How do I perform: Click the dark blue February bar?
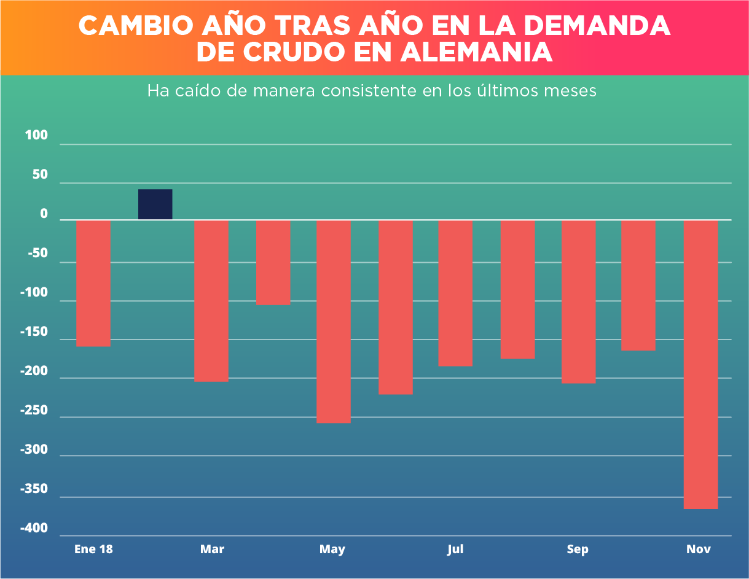tap(155, 204)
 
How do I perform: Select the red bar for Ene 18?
tap(93, 283)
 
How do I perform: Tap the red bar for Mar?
tap(211, 301)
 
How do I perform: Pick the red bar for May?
tap(334, 322)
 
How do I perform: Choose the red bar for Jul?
tap(455, 293)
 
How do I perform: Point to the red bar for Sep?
tap(578, 301)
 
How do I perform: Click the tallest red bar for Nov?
tap(700, 364)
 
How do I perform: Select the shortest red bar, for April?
tap(273, 262)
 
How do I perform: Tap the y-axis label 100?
tap(36, 136)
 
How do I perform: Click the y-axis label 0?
tap(44, 214)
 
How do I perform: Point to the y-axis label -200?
tap(34, 371)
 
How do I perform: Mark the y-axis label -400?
tap(34, 529)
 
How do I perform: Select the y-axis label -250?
tap(34, 410)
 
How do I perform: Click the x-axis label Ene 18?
tap(93, 549)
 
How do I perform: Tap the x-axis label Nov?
tap(699, 549)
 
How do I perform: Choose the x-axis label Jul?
tap(455, 549)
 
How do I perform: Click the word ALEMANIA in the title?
tap(477, 52)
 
